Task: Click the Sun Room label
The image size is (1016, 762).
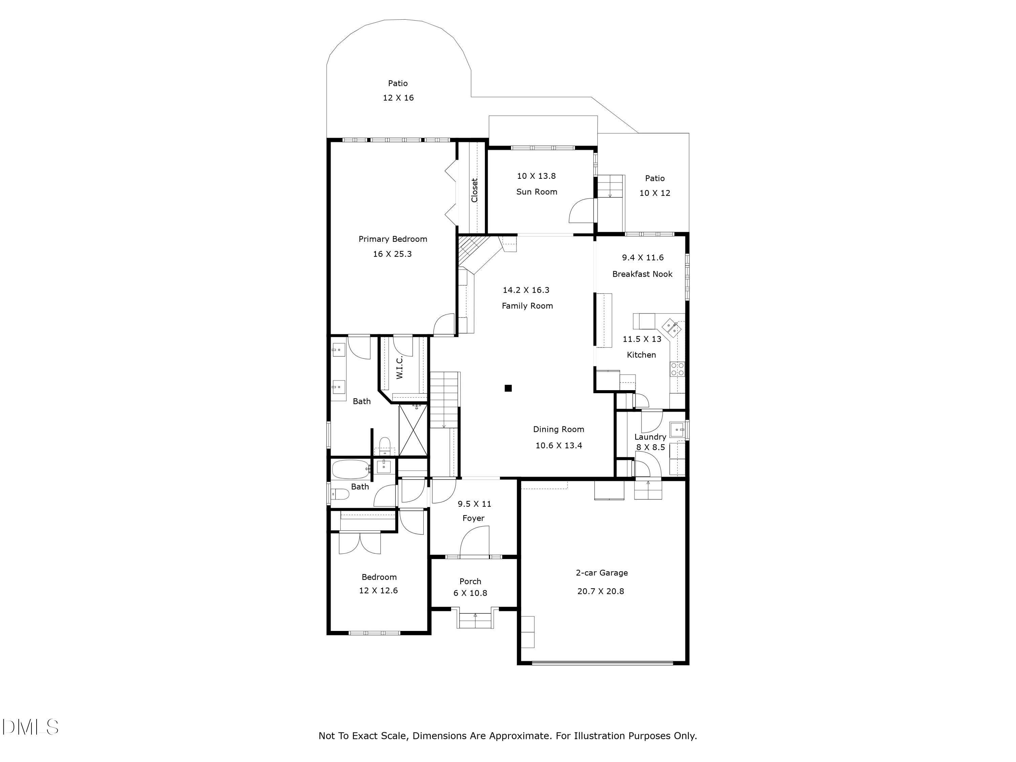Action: click(536, 192)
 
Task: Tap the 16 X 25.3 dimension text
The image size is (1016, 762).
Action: click(392, 254)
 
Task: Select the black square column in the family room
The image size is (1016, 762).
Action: click(508, 388)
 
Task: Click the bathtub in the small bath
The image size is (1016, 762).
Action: click(351, 469)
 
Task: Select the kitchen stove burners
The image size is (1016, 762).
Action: click(677, 369)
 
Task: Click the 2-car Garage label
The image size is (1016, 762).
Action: click(602, 573)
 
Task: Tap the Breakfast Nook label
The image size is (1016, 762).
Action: click(642, 274)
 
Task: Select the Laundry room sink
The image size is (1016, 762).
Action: click(677, 430)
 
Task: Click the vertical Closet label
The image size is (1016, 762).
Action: click(474, 190)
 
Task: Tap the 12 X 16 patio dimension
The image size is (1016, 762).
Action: click(398, 98)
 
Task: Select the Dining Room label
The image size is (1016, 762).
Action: click(558, 429)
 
